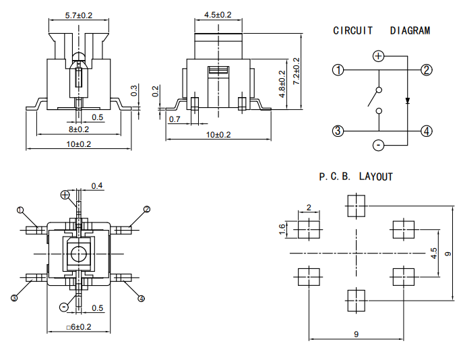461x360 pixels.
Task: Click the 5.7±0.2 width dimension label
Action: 78,16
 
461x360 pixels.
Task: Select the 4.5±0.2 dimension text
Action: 218,15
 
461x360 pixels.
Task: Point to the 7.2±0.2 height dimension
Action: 297,71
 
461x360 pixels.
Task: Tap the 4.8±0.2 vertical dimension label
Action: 282,84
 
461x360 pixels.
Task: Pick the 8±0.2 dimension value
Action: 79,129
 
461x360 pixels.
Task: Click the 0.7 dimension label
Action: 175,119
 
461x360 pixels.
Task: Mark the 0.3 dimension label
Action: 133,90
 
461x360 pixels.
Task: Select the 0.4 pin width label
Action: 97,186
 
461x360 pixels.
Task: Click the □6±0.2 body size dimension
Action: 78,327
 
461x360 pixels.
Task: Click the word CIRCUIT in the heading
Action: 352,30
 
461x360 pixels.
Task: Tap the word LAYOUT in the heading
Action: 375,177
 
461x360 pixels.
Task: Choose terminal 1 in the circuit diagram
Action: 338,70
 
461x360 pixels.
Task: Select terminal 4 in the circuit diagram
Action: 427,131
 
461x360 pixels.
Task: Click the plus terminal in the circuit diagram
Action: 378,56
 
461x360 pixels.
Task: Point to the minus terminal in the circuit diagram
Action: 378,145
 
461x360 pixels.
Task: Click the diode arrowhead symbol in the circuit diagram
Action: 408,100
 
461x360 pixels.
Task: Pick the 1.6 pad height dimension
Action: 282,229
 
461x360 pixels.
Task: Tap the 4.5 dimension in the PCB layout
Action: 433,253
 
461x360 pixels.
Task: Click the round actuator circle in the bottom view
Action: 78,253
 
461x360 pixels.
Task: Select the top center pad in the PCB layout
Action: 357,206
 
